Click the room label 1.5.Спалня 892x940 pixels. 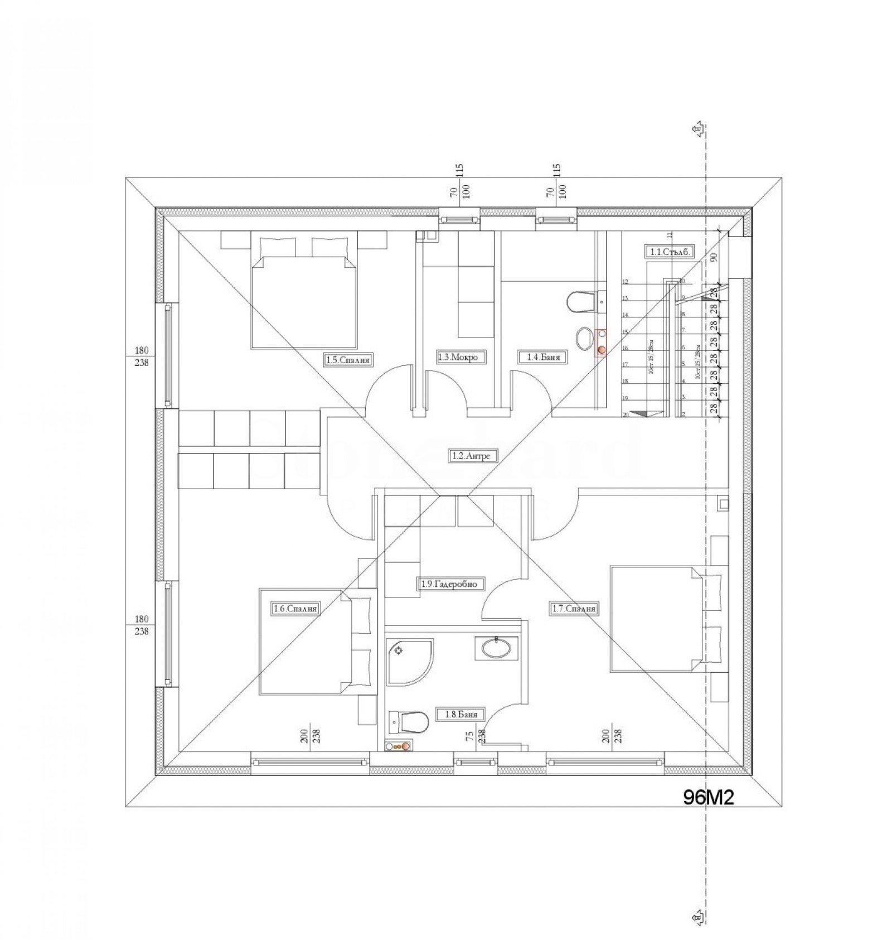pos(348,360)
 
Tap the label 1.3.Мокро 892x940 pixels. pos(457,357)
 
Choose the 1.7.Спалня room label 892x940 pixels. pos(574,609)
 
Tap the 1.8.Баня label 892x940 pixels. pos(460,714)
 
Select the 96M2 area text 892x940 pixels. pos(709,797)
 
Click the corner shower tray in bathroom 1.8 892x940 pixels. pos(408,662)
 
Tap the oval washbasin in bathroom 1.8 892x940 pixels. pos(496,648)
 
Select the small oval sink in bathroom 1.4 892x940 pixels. pos(583,338)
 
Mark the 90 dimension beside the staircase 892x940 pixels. pos(714,257)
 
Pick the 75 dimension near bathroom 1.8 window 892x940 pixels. pos(470,737)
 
